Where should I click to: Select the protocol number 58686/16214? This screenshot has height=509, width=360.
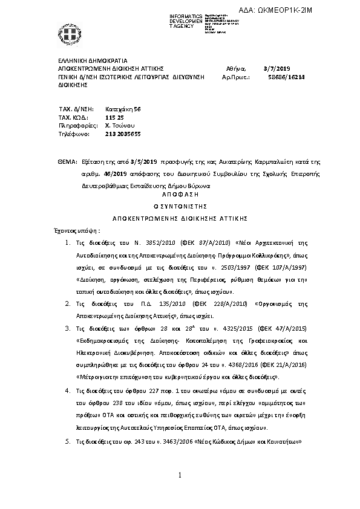coord(286,78)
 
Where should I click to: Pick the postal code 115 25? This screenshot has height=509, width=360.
coord(114,117)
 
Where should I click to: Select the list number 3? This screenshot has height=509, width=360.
coord(68,328)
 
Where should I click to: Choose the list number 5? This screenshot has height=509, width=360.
coord(68,442)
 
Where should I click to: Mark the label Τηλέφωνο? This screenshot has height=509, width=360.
coord(74,134)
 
